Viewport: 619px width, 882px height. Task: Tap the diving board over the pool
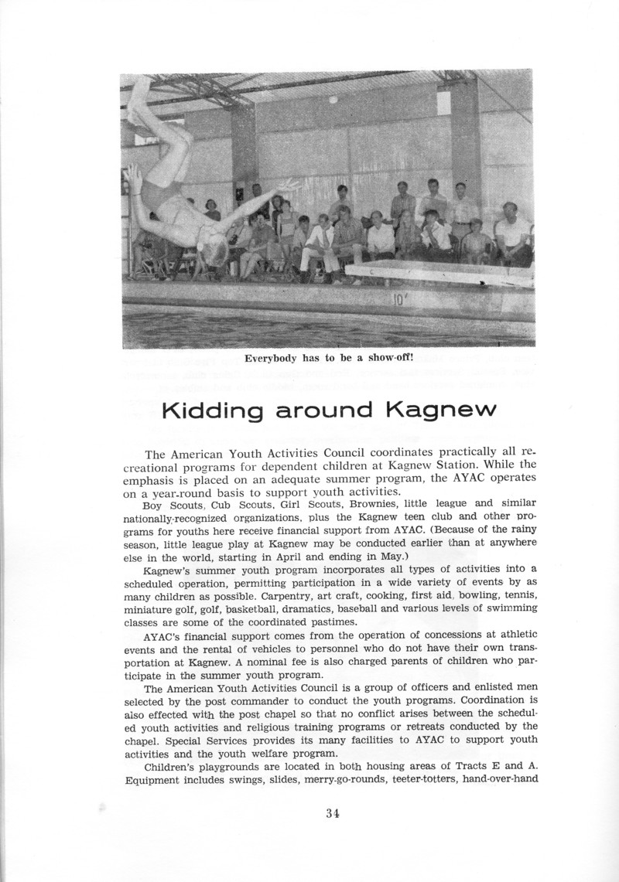441,275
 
